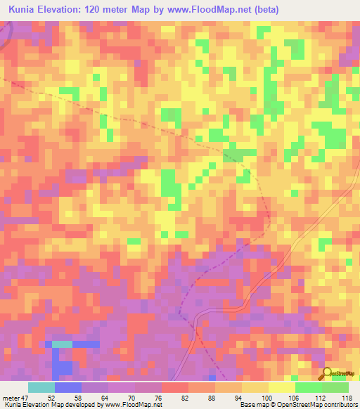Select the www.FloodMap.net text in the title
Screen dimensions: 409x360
[213, 10]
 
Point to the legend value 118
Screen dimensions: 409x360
[344, 397]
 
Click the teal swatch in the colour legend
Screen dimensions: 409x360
[41, 387]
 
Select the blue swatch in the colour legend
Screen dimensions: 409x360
[68, 387]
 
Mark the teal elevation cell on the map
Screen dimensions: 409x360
[62, 344]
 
